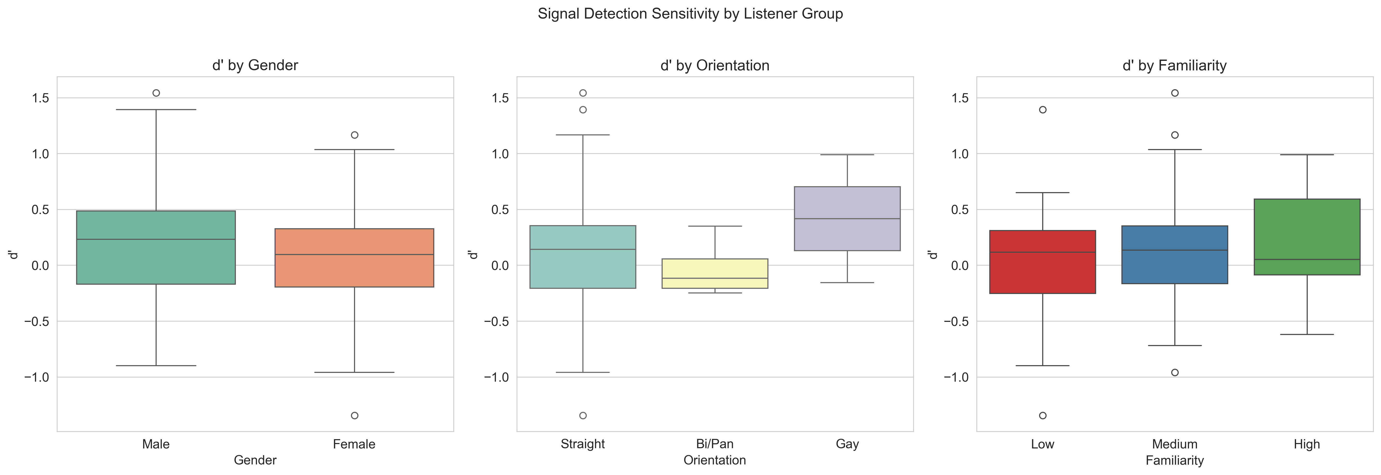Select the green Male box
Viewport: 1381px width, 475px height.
pos(156,247)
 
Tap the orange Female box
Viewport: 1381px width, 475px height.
pos(354,258)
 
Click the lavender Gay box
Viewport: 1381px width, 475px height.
pos(847,218)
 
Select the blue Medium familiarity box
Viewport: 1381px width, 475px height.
pos(1175,255)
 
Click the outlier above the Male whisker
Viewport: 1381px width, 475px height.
pos(156,93)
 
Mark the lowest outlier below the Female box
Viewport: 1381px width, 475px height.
pos(354,415)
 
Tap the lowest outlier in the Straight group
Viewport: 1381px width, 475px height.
pos(583,415)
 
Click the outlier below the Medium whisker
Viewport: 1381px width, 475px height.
pos(1175,372)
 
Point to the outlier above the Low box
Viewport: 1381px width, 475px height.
pos(1043,110)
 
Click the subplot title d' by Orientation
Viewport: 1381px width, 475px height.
pos(714,65)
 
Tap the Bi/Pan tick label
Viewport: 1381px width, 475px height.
pos(714,444)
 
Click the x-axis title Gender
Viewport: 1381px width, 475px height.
pos(255,460)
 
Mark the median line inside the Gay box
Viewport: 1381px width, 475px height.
pos(847,218)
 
